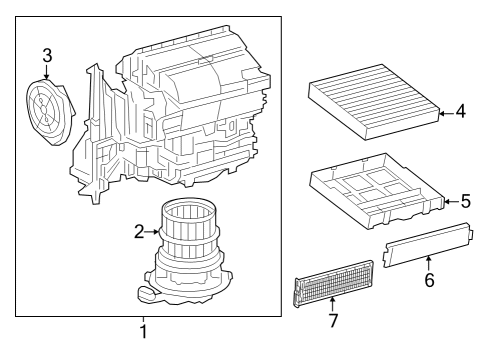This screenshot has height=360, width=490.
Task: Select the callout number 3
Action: [47, 56]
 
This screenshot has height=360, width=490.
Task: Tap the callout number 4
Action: [460, 112]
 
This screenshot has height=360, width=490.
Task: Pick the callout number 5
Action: [465, 202]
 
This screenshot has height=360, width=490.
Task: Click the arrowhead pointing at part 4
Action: [443, 113]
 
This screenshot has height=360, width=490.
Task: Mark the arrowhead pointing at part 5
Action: [447, 202]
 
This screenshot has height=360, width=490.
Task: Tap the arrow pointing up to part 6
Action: [429, 261]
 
